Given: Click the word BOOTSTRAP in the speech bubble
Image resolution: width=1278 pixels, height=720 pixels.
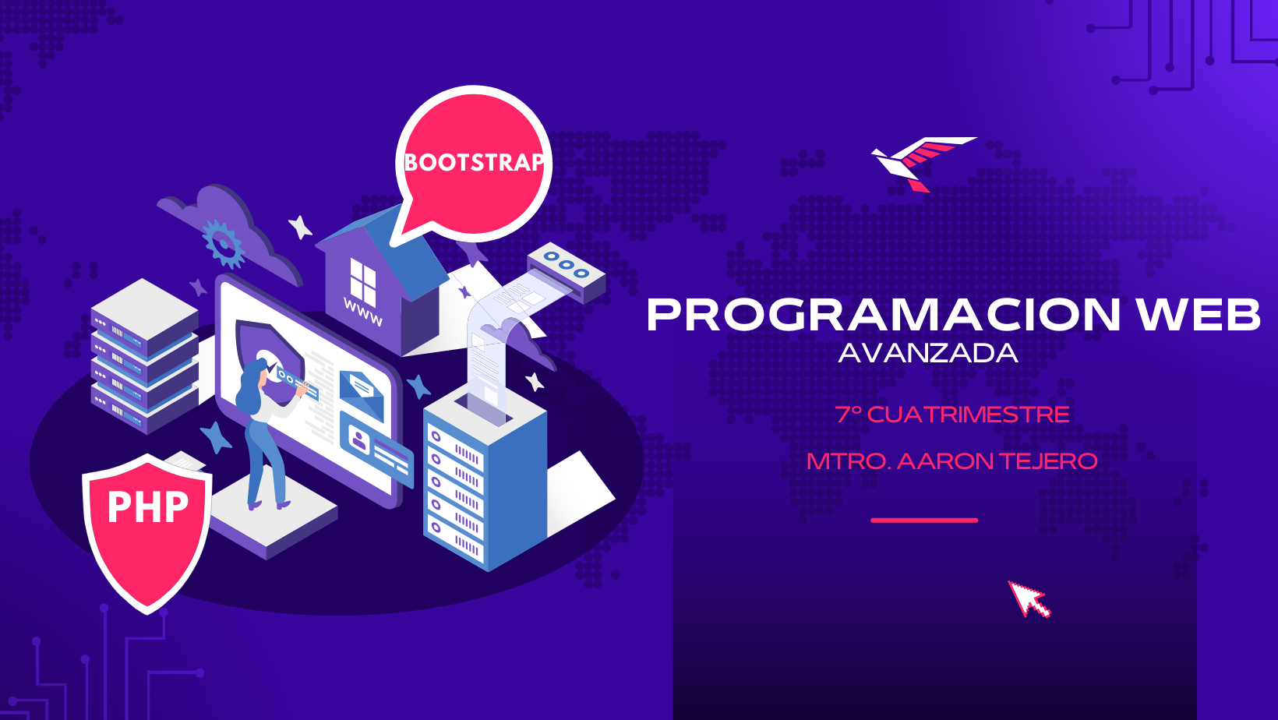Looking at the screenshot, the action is (474, 162).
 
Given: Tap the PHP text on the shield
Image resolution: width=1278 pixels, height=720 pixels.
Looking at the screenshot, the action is (148, 506).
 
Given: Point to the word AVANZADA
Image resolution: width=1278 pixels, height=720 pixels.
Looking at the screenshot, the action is (928, 354).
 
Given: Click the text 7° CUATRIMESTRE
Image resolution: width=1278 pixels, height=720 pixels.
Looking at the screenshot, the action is (952, 415).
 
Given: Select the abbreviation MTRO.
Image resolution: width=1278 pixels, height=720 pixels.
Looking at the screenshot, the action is (849, 461).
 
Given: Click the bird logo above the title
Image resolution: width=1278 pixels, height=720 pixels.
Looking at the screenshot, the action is (923, 163).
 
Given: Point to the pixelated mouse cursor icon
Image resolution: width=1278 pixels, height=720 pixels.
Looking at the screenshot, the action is (1029, 599).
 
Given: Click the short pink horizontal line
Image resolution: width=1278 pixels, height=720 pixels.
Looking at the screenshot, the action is (924, 521).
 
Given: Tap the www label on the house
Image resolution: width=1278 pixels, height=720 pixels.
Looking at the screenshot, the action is (363, 312).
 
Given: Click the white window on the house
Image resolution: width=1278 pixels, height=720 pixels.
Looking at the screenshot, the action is (363, 281).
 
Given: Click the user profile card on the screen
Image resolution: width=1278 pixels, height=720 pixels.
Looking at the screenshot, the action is (376, 448).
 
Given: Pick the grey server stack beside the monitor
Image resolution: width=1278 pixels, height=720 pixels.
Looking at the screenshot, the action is (145, 356).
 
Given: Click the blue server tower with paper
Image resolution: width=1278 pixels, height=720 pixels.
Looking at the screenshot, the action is (485, 479).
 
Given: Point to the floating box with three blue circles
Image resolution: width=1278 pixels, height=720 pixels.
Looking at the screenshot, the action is (566, 273).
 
